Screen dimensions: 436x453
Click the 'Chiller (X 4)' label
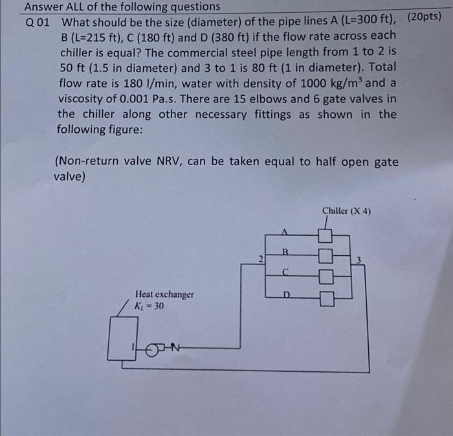347,211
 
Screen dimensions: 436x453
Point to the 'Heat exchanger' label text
164,295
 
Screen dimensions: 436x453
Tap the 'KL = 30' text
149,305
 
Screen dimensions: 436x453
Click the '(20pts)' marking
425,16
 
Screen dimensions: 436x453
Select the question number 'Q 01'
38,21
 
